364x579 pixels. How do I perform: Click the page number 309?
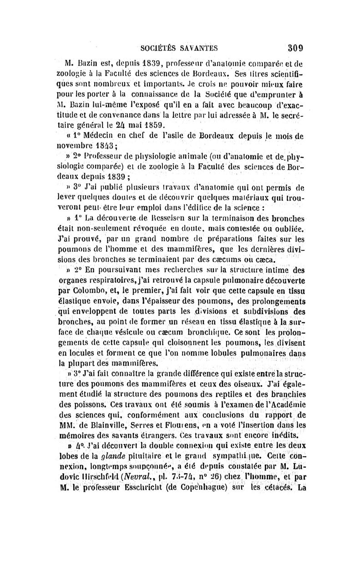tap(295, 47)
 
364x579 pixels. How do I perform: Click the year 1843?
tap(108, 146)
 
